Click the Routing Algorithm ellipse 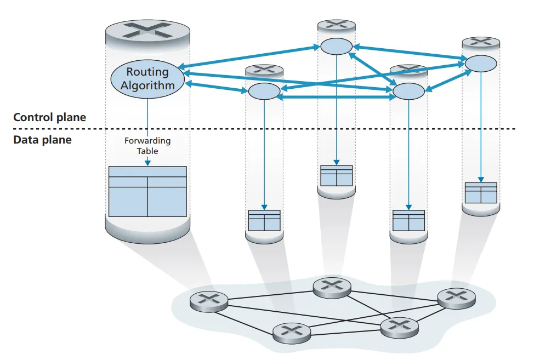147,78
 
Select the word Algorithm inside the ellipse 147,85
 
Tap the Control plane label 49,117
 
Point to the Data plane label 42,140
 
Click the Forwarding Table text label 147,145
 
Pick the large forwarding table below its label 147,191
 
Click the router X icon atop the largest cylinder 147,31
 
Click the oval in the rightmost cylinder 481,63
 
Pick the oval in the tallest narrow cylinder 336,47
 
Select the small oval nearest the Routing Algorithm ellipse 264,91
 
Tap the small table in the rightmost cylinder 481,193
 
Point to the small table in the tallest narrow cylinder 336,175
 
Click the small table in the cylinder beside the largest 264,220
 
